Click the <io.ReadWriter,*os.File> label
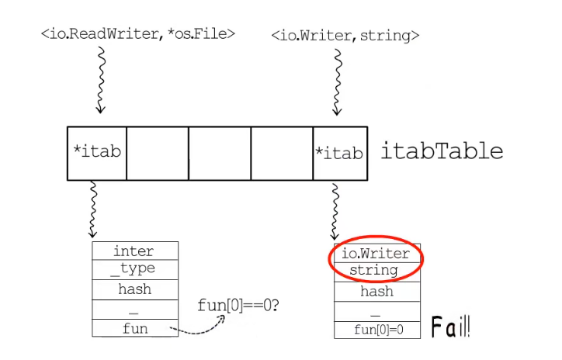pos(137,34)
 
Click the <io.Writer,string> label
pos(345,36)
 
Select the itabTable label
pos(441,151)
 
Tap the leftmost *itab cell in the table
pos(97,153)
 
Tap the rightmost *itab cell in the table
pos(339,153)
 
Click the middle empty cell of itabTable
pos(220,154)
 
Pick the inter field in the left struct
pos(134,251)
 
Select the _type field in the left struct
pos(134,268)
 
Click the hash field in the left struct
pos(134,289)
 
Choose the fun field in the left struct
pos(134,329)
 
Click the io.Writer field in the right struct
pos(376,254)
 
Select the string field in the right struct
pos(376,271)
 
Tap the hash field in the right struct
pos(376,292)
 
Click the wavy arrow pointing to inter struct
pos(94,209)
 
